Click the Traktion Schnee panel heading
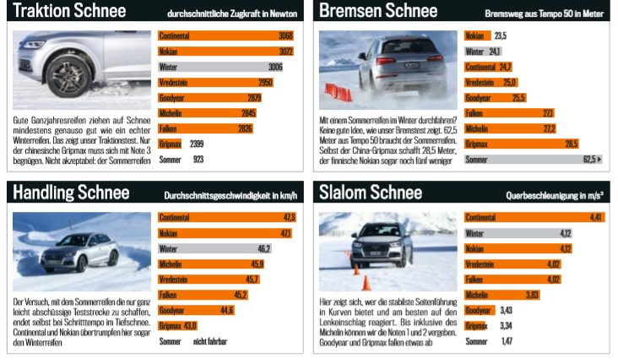70,12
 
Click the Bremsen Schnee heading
378,12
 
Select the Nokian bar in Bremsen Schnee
478,36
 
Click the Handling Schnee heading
72,193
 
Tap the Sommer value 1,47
507,340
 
